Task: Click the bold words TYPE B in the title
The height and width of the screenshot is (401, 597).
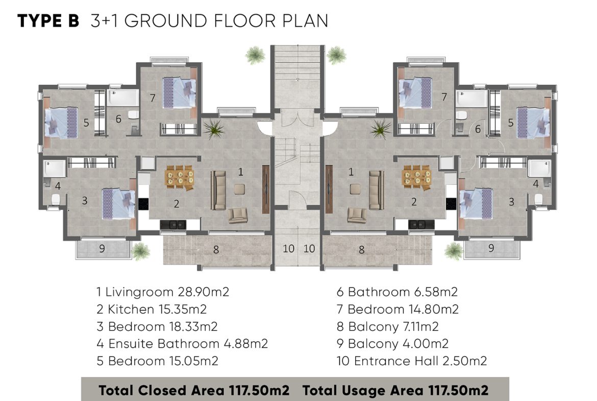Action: click(x=48, y=21)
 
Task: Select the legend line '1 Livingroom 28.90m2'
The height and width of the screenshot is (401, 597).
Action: click(x=163, y=292)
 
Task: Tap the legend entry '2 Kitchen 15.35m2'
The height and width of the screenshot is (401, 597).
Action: click(x=152, y=309)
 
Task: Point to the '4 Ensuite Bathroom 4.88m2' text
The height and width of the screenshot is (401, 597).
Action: click(x=182, y=343)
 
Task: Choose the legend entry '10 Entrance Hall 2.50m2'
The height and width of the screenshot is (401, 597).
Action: click(x=412, y=361)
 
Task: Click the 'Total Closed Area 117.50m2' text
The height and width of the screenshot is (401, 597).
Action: click(x=194, y=390)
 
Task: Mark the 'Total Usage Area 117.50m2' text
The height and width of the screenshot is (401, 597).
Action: click(x=395, y=390)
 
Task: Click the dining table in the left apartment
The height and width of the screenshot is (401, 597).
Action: click(x=180, y=177)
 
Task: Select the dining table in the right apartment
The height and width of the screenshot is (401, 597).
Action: click(x=417, y=177)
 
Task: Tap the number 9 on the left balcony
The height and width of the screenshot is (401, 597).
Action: click(x=102, y=249)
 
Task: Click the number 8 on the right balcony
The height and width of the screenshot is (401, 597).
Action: click(x=361, y=250)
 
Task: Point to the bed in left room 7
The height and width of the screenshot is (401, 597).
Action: click(x=179, y=92)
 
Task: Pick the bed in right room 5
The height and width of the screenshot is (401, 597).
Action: click(x=533, y=123)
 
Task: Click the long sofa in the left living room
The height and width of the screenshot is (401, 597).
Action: click(x=218, y=190)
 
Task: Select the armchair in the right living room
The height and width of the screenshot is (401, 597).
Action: click(x=357, y=215)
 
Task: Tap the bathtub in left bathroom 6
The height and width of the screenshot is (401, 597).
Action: click(x=123, y=98)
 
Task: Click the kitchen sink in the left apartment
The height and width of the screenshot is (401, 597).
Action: click(x=173, y=225)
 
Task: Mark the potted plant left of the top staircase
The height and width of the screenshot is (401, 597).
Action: click(x=255, y=55)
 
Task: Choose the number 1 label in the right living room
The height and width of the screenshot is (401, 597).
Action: click(x=351, y=172)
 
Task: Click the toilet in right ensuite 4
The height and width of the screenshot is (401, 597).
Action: click(x=538, y=199)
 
